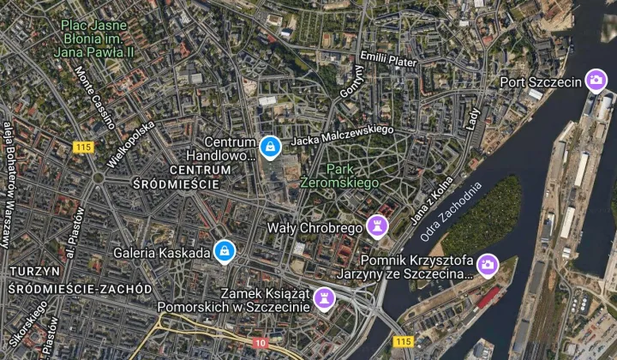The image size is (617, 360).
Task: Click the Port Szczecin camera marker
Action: [596, 81]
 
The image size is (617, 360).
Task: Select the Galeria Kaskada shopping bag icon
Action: [224, 250]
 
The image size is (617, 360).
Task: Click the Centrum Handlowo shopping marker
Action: [271, 148]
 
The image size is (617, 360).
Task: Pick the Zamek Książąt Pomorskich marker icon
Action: [324, 297]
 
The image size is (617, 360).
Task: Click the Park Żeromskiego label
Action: [339, 176]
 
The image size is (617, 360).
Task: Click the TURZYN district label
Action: [33, 271]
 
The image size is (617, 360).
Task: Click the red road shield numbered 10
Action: [260, 343]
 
